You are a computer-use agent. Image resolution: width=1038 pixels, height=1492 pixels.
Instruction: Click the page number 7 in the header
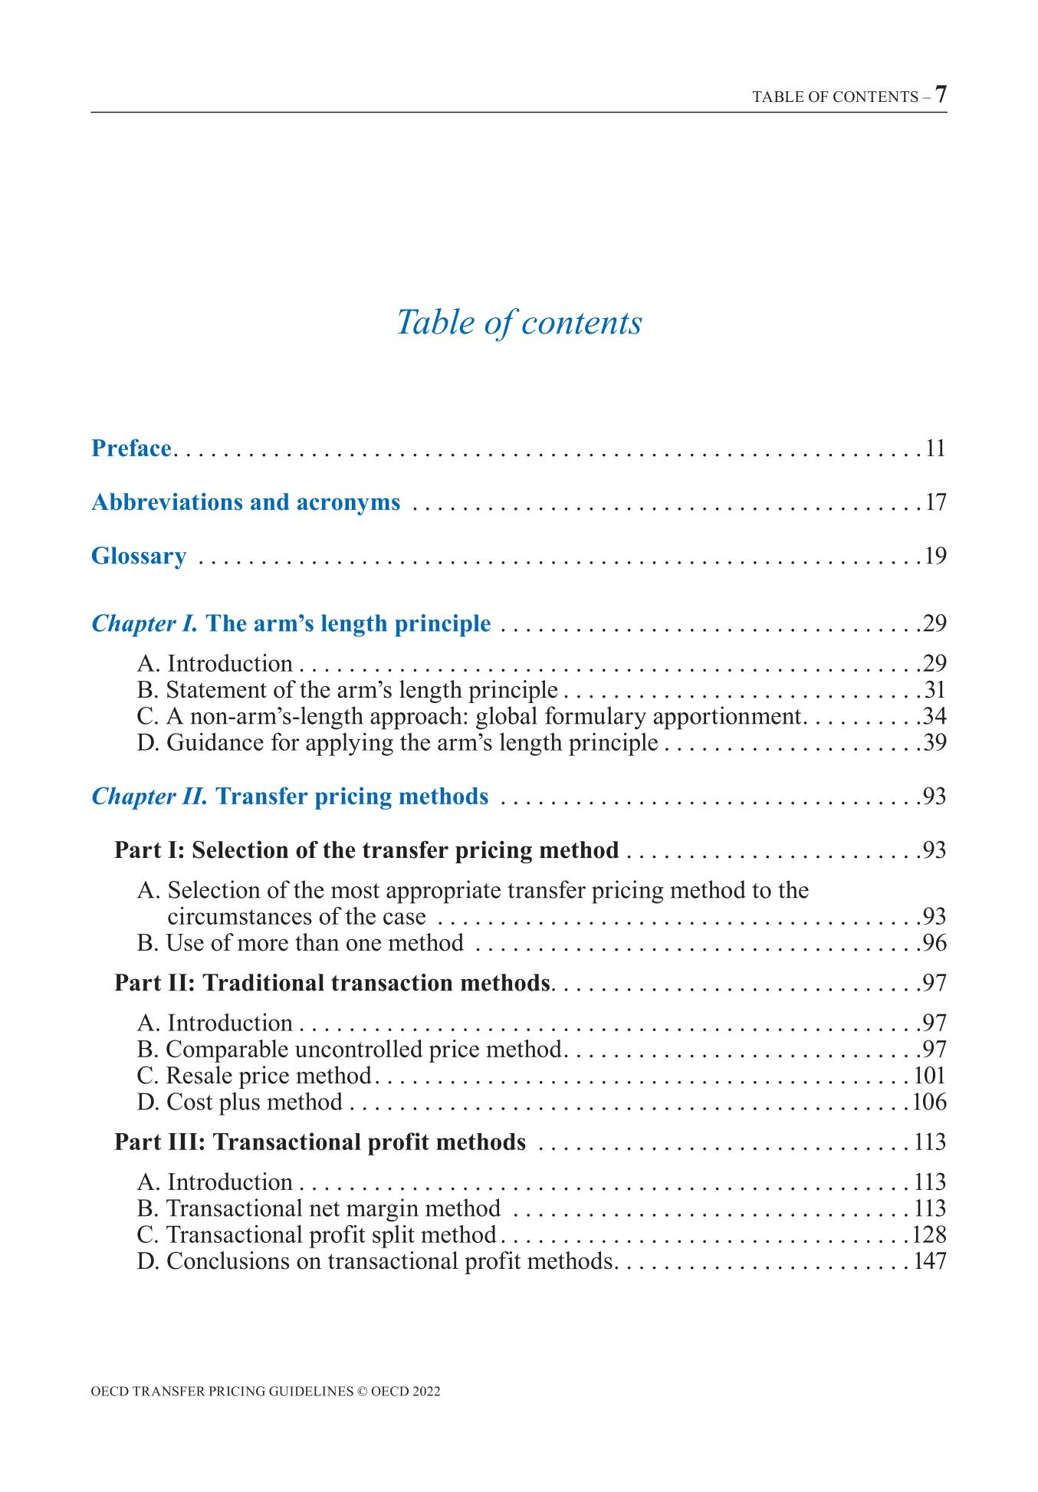[x=941, y=94]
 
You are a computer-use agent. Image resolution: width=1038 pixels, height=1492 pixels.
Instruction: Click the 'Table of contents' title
[x=519, y=322]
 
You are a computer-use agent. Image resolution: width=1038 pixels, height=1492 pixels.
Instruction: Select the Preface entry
[x=131, y=448]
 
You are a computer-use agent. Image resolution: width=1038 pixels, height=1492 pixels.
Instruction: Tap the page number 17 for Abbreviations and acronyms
[x=936, y=502]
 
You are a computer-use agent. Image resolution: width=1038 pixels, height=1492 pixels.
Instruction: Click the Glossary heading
[x=139, y=556]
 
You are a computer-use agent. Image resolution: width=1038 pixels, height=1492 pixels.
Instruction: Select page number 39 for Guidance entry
[x=935, y=742]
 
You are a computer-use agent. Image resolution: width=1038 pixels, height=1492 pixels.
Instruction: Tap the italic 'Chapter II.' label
[x=149, y=797]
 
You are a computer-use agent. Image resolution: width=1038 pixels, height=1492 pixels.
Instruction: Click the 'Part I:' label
[x=149, y=850]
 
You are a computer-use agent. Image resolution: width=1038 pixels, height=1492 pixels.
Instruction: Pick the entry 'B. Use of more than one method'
[x=301, y=942]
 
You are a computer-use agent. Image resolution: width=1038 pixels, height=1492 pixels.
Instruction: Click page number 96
[x=935, y=942]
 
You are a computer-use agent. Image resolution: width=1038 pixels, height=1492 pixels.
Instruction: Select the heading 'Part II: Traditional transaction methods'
[x=332, y=983]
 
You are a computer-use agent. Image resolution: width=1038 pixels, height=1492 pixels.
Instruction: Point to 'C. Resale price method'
[x=255, y=1076]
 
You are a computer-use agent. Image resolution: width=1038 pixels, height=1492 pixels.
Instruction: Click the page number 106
[x=930, y=1102]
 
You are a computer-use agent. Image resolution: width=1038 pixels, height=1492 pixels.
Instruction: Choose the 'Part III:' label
[x=159, y=1142]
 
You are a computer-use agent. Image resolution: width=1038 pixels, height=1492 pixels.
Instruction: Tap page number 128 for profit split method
[x=930, y=1234]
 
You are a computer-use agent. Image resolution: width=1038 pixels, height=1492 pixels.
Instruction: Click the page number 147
[x=930, y=1260]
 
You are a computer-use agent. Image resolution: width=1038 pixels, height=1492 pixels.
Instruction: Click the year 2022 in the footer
[x=425, y=1392]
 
